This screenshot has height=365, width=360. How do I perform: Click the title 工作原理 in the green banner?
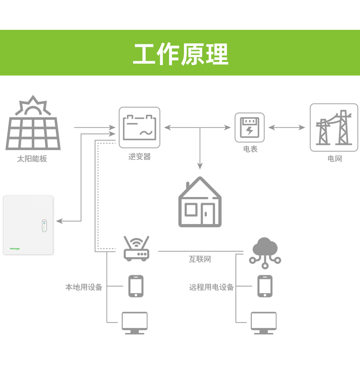(180, 54)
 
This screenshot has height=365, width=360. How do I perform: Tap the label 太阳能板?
(32, 159)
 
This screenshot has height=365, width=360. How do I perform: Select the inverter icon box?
(139, 127)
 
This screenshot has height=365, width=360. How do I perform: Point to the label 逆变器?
(139, 157)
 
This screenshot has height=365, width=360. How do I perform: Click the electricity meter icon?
(249, 127)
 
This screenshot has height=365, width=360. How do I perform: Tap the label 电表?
(250, 149)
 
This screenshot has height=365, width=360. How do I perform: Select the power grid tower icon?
(334, 127)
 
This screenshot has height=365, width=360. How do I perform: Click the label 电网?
(334, 159)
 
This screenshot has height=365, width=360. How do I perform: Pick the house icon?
(200, 202)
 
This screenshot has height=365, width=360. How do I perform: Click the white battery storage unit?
(28, 225)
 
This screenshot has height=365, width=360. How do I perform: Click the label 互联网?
(200, 259)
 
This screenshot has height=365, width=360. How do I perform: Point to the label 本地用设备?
(84, 287)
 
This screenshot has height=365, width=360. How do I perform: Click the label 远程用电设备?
(211, 287)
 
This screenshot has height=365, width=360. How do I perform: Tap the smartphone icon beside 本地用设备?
(136, 286)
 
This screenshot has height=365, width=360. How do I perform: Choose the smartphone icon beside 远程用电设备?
(265, 286)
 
